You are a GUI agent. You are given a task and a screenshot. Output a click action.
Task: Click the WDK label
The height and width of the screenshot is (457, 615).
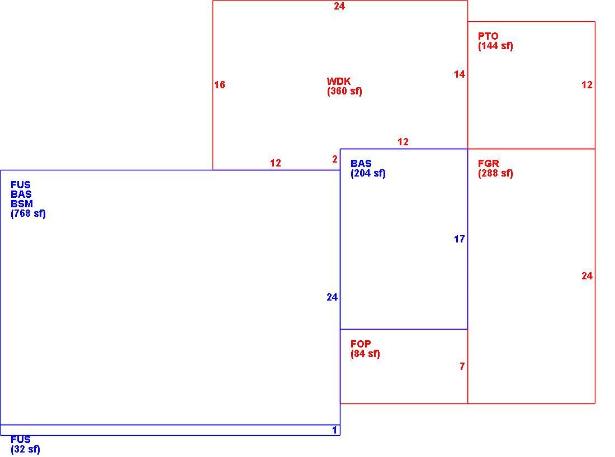[338, 82]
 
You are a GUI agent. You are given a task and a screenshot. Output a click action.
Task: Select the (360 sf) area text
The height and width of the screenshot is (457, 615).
[344, 91]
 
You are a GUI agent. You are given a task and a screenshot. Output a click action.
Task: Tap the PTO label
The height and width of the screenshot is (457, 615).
[488, 36]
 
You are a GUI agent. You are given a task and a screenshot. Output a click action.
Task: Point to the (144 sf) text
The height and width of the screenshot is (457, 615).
[495, 46]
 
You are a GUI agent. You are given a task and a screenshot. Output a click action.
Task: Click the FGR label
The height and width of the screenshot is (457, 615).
[488, 164]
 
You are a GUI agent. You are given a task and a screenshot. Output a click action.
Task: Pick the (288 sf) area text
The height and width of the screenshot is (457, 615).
[495, 173]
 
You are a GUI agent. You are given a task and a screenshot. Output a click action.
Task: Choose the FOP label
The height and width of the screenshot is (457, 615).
[361, 344]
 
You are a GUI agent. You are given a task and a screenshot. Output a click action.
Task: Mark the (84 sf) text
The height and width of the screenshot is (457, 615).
[365, 354]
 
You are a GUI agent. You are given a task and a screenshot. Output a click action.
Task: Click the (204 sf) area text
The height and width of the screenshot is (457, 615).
[368, 173]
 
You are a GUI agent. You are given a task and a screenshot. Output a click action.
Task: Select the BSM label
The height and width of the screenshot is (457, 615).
[22, 204]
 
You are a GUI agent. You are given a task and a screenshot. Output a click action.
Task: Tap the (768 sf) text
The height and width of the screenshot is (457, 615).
[29, 213]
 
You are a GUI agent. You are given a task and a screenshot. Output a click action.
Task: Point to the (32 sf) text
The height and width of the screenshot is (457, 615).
[26, 449]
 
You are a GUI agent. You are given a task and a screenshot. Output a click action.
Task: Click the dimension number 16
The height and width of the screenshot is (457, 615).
[220, 85]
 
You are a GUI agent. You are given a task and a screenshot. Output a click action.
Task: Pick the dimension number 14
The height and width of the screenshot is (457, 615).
[459, 74]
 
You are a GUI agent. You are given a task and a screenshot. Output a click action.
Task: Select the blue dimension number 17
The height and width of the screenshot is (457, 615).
[459, 239]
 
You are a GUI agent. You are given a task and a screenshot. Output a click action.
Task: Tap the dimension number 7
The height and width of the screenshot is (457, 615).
[462, 366]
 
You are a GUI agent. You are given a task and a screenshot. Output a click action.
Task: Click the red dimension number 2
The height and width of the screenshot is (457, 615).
[334, 159]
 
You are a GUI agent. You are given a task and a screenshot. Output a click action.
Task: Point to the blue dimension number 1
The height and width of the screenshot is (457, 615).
[334, 430]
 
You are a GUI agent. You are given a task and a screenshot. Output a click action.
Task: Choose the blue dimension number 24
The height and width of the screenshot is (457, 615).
[332, 297]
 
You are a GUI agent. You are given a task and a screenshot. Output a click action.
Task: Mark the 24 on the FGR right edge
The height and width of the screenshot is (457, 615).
[586, 276]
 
